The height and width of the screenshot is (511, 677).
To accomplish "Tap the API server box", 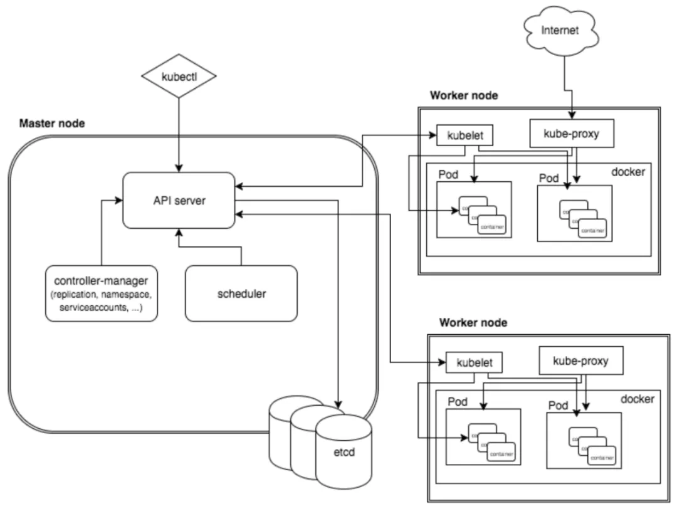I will (x=179, y=201).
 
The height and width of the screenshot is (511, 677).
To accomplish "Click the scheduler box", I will (x=241, y=293).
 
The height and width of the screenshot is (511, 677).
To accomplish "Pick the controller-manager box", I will (x=101, y=293).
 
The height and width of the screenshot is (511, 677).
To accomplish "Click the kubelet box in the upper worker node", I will (x=463, y=135).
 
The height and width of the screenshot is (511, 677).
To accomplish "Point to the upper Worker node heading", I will (x=464, y=95).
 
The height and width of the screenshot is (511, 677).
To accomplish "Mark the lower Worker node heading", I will (x=473, y=323).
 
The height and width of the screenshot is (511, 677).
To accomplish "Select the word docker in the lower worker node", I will (x=637, y=399).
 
